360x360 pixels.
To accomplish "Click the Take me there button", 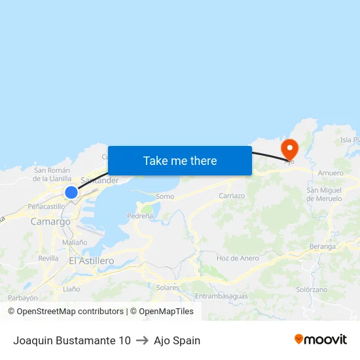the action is click(180, 160).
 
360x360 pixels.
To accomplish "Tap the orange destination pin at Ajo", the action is click(289, 147).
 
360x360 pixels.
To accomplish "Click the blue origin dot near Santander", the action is click(71, 192).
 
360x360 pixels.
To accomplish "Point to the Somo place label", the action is click(165, 196).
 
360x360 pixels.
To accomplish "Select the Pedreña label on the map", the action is click(140, 215).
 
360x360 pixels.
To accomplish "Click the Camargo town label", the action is click(50, 222).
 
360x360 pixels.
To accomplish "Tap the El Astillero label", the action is click(91, 261).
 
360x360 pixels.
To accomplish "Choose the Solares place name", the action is click(168, 287).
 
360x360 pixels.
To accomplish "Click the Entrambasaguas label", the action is click(221, 296).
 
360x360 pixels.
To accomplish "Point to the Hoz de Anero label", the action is click(238, 258).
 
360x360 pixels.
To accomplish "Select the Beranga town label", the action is click(322, 247).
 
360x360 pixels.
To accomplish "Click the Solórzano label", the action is click(312, 289).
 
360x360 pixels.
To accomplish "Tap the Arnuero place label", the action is click(330, 173).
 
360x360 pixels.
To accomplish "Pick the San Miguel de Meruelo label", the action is click(324, 194).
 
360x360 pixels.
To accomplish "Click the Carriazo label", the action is click(232, 196).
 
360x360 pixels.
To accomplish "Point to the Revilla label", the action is click(48, 258).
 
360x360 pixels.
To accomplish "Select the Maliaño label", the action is click(75, 242).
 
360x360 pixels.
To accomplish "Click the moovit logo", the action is click(321, 339).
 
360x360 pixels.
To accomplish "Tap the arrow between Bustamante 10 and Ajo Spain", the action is click(142, 340).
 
